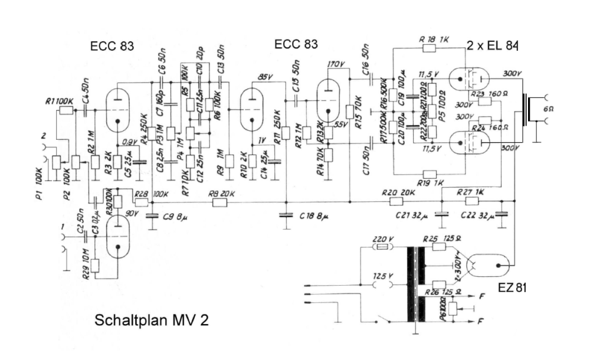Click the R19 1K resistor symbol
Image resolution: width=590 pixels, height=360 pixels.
pos(430,174)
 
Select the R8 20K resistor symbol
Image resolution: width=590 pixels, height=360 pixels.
pos(219,202)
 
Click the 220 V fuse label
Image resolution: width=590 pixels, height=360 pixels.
pos(384,239)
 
